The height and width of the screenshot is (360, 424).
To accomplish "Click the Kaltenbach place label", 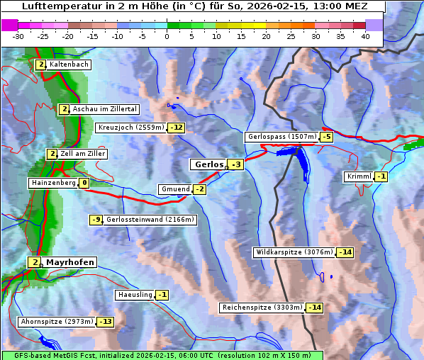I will pos(69,64).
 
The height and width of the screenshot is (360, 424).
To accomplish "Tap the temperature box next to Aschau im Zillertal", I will pos(64,109).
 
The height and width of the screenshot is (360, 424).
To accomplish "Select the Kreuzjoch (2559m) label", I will pos(130,128).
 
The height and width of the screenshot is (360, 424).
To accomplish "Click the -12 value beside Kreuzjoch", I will pos(176,128).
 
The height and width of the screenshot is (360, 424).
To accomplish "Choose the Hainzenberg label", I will pos(52,183).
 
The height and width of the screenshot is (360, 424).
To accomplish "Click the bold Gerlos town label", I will pos(208,164).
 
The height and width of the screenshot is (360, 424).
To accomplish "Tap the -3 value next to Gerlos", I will pos(236,165).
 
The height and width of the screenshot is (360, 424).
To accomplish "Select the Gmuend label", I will pos(175,189).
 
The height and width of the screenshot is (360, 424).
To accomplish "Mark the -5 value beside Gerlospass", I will pos(326,137).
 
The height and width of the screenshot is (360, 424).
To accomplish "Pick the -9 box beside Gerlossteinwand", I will pos(96,220).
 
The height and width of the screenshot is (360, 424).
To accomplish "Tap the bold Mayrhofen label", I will pos(69,262).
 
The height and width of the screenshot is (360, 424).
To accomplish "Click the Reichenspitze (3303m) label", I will pos(262,308).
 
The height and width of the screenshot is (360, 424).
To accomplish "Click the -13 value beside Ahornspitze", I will pos(105,322).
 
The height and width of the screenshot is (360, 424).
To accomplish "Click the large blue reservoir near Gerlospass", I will pos(301,164).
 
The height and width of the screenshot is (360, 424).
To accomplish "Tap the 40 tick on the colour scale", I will pos(365,35).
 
